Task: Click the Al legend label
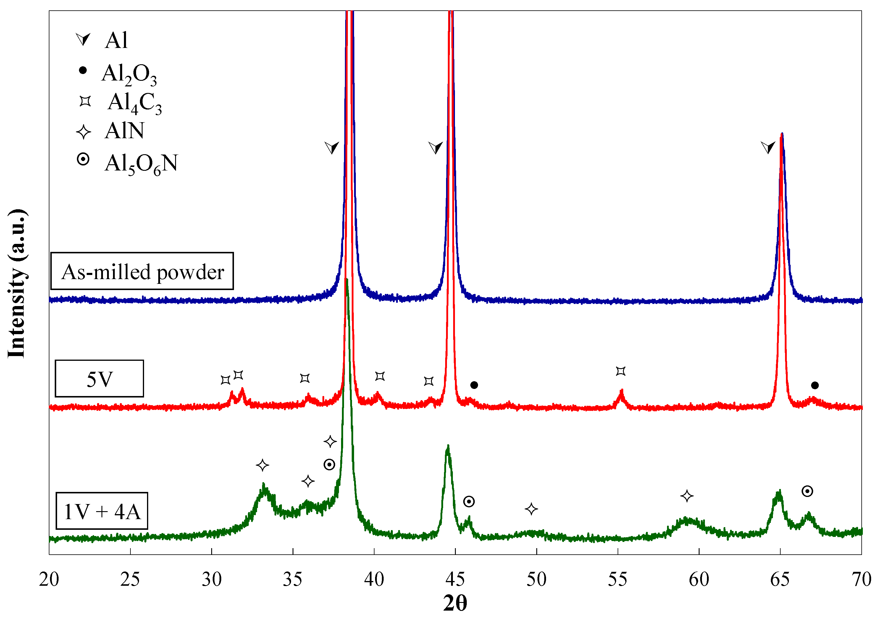116,40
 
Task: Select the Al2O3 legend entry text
129,74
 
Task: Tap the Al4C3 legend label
135,103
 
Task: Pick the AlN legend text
125,131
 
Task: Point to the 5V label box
99,379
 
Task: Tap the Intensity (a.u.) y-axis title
17,284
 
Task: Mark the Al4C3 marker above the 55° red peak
621,371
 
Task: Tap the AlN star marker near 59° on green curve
687,496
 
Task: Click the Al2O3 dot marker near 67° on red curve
815,385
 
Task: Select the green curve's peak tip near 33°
264,486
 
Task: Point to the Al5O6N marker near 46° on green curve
469,501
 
